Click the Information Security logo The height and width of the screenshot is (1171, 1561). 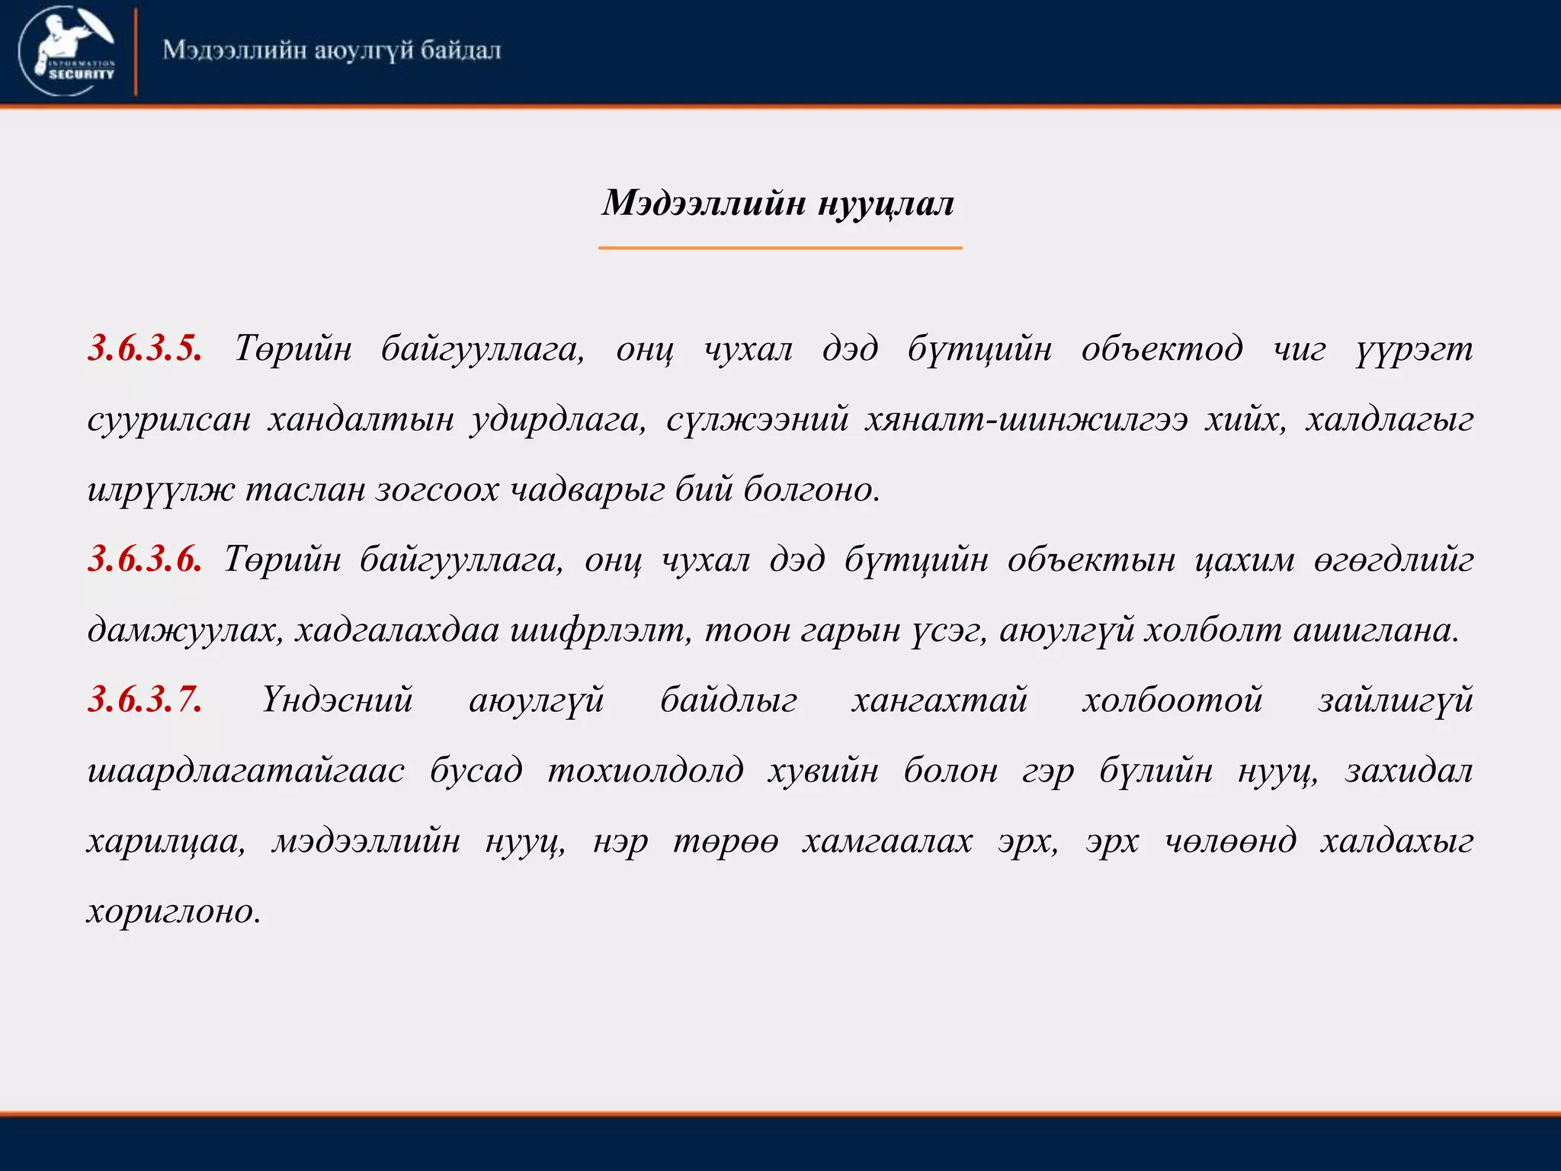coord(67,50)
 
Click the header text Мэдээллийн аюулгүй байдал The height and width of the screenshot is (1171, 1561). coord(332,50)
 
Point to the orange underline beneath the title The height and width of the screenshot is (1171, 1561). coord(780,248)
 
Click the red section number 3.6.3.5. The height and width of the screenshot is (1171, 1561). coord(145,349)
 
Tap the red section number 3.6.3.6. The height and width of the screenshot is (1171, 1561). coord(145,560)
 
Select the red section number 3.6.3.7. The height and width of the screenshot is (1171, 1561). coord(145,700)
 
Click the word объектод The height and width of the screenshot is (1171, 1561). coord(1162,349)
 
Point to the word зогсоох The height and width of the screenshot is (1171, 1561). coord(437,489)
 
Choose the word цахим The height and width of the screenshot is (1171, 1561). coord(1244,561)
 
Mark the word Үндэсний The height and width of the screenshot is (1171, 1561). coord(337,700)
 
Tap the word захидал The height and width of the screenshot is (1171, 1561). coord(1409,770)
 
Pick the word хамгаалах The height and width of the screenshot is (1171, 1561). coord(887,841)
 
